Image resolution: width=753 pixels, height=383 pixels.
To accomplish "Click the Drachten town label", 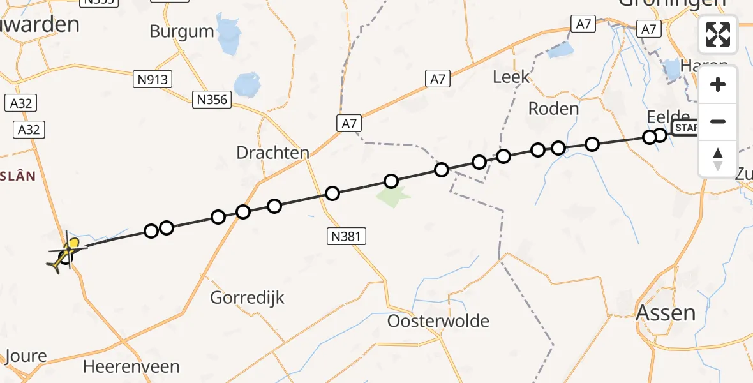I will (272, 153).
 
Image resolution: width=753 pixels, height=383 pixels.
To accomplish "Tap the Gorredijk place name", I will (247, 297).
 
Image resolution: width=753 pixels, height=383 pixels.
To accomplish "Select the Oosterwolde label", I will (438, 320).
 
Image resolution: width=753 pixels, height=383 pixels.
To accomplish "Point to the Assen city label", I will (666, 313).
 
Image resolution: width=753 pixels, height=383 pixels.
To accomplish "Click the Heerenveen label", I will (131, 366).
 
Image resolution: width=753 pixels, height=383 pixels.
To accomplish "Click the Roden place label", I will (553, 109).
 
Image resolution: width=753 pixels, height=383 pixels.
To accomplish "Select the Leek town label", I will (511, 77).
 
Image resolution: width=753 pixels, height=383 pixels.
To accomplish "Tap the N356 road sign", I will (213, 99).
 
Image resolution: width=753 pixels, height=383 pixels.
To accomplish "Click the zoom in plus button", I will (718, 84).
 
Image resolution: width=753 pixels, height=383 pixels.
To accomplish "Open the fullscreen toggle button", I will (718, 34).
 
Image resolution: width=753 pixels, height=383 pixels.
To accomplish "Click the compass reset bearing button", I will (718, 158).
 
